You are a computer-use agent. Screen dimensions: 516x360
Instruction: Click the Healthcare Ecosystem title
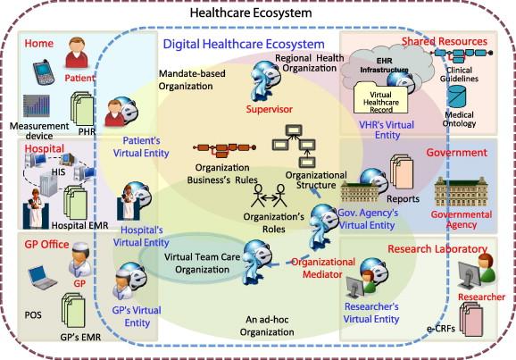(251, 13)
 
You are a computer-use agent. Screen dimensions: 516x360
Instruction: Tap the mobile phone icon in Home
(44, 72)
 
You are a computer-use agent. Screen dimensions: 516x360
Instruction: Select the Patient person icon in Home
(77, 53)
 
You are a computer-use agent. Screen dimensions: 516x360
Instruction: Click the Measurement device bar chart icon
(37, 105)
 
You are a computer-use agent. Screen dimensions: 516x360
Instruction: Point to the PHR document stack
(82, 109)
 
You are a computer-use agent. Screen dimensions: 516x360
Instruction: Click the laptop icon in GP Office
(42, 278)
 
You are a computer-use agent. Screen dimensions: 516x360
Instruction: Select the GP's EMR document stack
(73, 311)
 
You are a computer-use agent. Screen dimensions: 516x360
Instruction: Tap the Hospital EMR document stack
(75, 202)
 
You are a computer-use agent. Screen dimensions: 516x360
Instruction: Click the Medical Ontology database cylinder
(457, 96)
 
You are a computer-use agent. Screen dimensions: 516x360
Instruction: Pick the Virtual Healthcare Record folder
(380, 98)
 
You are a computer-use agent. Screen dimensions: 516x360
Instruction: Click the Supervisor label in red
(270, 109)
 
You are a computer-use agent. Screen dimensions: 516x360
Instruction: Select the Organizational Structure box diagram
(294, 146)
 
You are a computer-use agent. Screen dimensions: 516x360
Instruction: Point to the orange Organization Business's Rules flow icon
(224, 149)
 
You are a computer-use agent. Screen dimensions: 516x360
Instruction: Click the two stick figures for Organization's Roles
(269, 196)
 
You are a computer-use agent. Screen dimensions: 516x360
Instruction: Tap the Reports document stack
(402, 172)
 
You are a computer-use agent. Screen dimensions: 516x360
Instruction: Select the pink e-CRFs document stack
(471, 319)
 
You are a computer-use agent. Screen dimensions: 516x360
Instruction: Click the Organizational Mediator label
(322, 268)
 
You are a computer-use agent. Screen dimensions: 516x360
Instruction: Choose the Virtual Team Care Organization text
(202, 264)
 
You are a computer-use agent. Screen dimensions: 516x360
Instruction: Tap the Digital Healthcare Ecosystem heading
(244, 44)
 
